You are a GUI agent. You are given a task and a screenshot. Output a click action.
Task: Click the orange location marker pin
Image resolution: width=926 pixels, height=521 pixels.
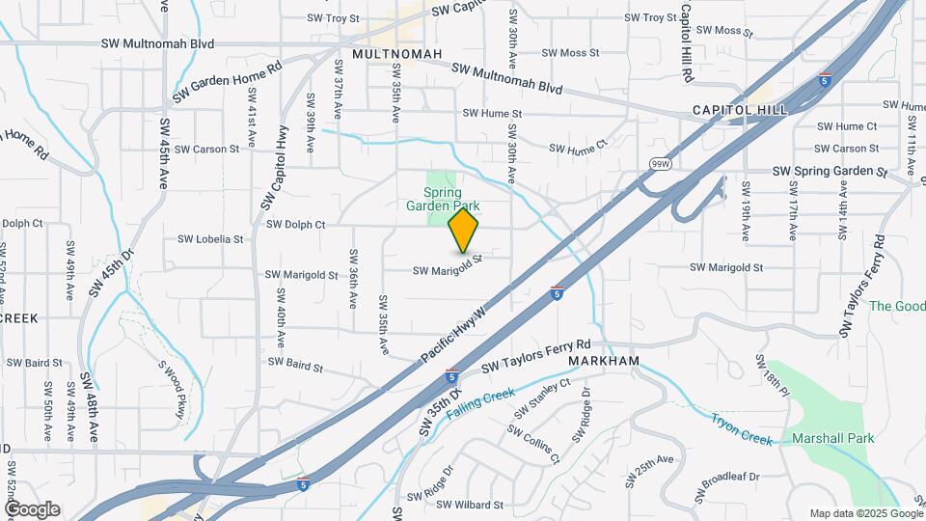[463, 230]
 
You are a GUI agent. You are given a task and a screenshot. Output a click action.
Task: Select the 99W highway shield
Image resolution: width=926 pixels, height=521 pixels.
[660, 163]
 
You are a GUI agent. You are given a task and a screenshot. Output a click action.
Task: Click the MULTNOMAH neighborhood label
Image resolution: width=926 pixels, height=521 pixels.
[397, 54]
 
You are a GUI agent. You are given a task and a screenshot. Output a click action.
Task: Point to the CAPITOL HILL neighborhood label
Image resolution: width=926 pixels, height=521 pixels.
[740, 110]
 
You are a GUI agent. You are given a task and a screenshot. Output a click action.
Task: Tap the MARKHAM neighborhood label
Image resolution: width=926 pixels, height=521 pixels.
[604, 361]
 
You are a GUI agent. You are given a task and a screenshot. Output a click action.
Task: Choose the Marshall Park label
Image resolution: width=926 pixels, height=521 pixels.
[832, 438]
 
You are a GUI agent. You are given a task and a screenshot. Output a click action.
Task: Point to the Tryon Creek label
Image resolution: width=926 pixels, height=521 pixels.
[743, 429]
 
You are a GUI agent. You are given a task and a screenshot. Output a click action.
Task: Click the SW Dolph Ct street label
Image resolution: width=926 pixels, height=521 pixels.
[296, 224]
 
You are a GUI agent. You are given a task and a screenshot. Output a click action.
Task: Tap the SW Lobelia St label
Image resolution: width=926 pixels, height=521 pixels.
[210, 239]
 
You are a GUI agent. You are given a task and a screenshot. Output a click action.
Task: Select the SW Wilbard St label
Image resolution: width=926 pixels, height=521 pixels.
[470, 505]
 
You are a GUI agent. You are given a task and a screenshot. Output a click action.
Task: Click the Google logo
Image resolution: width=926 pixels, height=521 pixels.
[32, 509]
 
